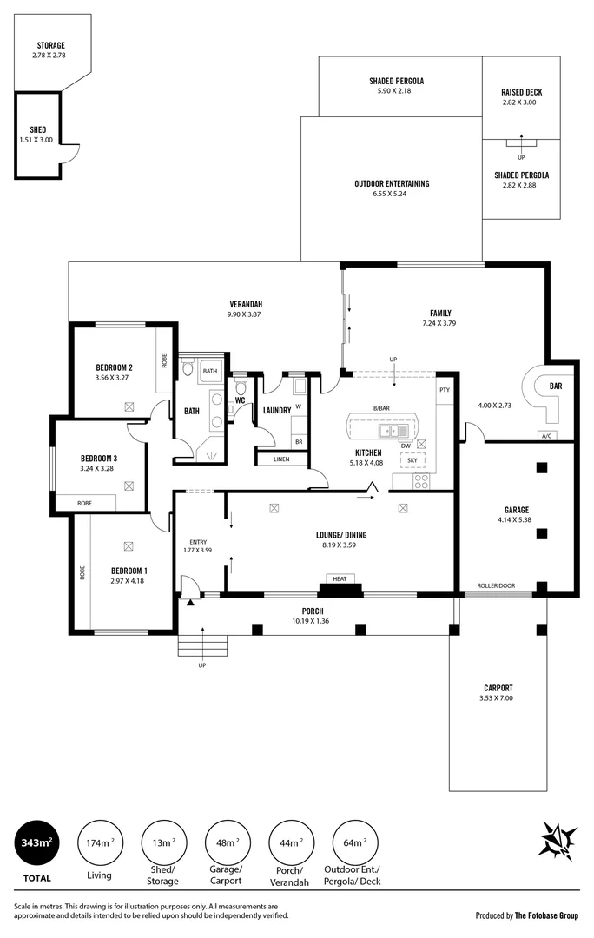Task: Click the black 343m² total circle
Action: click(x=36, y=843)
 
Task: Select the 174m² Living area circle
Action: click(x=99, y=843)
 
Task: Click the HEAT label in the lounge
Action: click(x=340, y=578)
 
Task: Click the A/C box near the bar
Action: click(x=548, y=436)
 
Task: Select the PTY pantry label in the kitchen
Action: click(x=445, y=390)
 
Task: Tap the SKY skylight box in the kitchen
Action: click(x=412, y=460)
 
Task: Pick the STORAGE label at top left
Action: click(x=50, y=45)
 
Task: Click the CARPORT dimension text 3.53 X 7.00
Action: click(x=496, y=697)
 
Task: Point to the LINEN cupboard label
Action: click(x=280, y=459)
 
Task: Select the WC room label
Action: click(x=240, y=401)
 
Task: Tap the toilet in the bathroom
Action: click(x=188, y=370)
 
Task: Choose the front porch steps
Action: click(x=202, y=646)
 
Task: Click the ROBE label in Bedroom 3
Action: click(x=84, y=503)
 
